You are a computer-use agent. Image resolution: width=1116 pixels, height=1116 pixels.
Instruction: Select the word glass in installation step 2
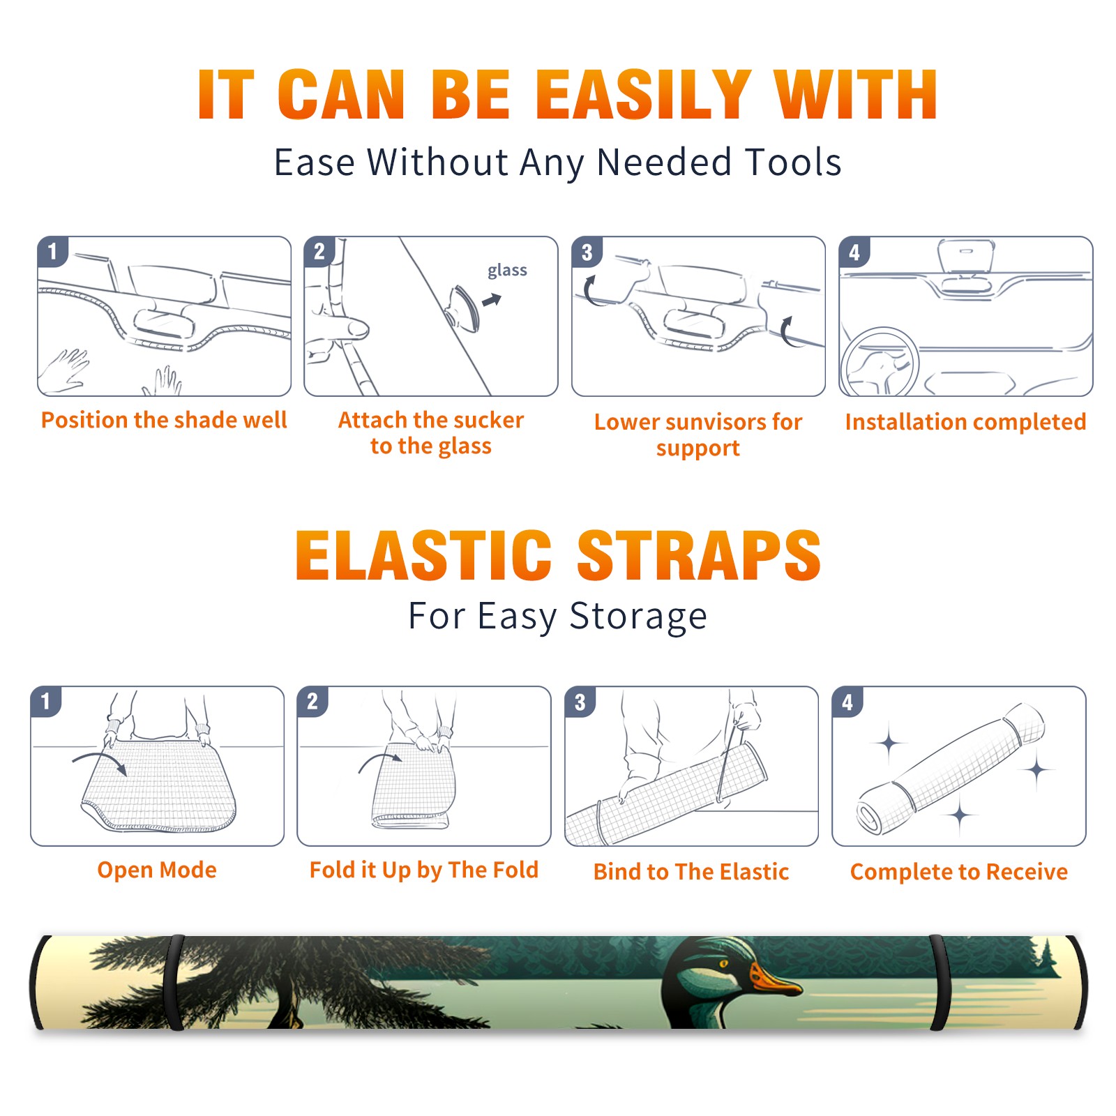(507, 270)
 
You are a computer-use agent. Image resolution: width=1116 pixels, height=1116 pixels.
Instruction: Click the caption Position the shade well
(164, 420)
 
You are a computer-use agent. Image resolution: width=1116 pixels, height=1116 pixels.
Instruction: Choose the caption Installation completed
(965, 422)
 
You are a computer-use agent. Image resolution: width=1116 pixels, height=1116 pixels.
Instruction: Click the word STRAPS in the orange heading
(699, 555)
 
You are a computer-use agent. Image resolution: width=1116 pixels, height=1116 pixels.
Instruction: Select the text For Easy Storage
(558, 616)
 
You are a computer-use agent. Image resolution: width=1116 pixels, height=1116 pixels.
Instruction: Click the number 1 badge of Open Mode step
(46, 701)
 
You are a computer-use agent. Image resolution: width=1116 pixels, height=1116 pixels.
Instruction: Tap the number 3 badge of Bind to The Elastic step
(580, 702)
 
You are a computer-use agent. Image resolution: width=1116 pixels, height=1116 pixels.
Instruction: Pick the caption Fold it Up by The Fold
(424, 870)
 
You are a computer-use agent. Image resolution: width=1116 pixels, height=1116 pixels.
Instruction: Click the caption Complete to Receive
(959, 872)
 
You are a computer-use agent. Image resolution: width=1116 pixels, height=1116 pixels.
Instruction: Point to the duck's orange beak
(773, 979)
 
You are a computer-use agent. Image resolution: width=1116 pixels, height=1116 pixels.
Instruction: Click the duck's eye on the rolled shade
(724, 965)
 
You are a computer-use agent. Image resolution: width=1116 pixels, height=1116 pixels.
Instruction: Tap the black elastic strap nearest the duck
(940, 983)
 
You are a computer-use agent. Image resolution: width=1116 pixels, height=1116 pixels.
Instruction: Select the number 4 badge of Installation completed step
(854, 252)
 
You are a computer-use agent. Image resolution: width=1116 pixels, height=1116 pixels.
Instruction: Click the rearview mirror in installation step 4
(965, 257)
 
